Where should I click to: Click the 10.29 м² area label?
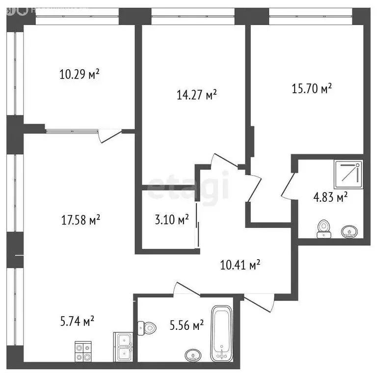coord(80,75)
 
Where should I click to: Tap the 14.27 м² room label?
coord(196,95)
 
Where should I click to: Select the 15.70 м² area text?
coord(311,89)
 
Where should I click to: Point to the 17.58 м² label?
coord(80,220)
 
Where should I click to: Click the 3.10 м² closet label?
coord(168,220)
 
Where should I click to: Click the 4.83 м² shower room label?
coord(331,197)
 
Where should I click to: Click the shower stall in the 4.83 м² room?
coord(348,175)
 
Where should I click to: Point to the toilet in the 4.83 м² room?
coord(323,228)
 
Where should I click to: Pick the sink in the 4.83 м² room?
coord(349,230)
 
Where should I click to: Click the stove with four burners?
coord(83,349)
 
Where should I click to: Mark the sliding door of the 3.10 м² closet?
coord(197,226)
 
